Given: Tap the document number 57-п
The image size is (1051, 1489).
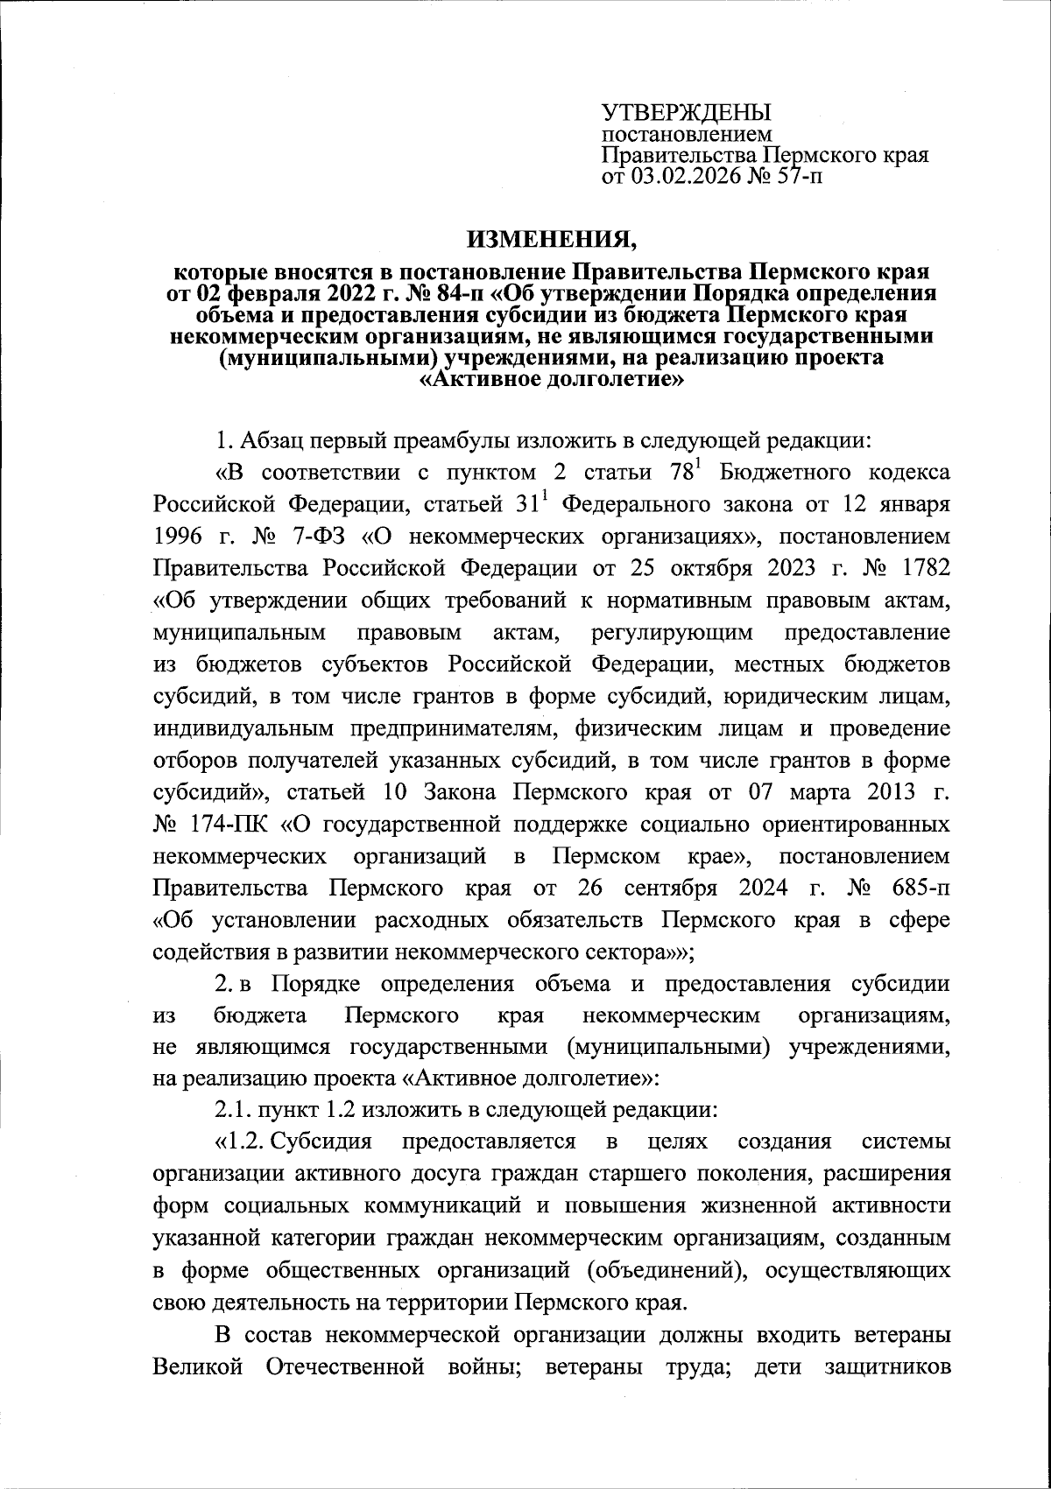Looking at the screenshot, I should point(798,178).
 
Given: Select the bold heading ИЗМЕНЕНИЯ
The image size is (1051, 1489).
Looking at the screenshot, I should point(552,236).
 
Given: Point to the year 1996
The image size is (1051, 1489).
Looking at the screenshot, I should point(177,537).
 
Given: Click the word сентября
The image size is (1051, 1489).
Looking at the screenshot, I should point(671,888).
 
